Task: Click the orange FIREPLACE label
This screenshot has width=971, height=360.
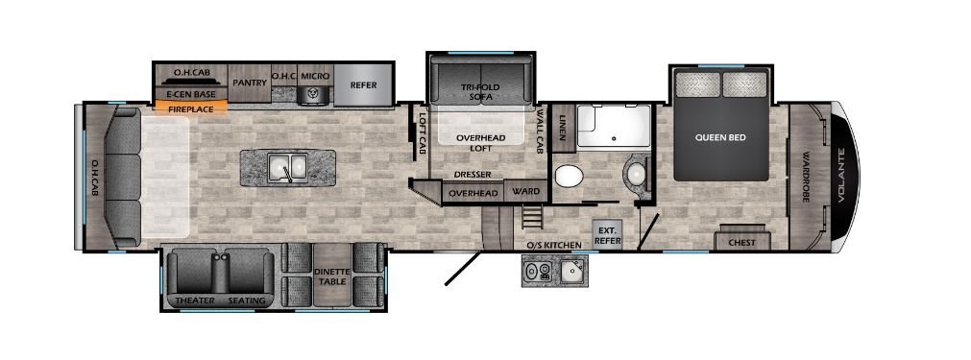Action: [191, 108]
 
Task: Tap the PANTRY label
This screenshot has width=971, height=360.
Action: [250, 83]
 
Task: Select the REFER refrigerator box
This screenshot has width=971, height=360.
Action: [363, 84]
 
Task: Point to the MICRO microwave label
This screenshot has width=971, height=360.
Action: [316, 76]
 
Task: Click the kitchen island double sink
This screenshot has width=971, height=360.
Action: [287, 167]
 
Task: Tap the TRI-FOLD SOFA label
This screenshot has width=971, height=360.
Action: [480, 91]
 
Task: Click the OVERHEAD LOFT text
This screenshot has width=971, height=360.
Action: [481, 143]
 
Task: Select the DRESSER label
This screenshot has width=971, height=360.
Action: [472, 175]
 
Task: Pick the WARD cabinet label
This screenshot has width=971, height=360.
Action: [525, 191]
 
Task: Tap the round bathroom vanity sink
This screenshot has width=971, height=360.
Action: [636, 175]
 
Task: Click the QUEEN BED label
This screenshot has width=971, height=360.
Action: [720, 137]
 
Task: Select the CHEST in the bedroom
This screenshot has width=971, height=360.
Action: [741, 241]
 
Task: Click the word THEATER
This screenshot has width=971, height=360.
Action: [194, 300]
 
